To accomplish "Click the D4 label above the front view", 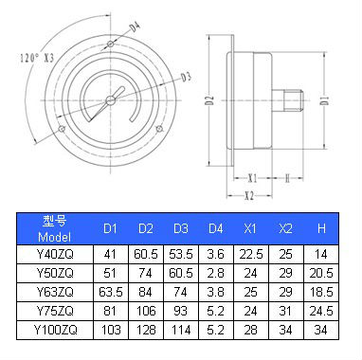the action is pyautogui.click(x=136, y=27).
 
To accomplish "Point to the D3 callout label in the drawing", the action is pyautogui.click(x=187, y=77).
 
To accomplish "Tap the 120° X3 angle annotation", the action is pyautogui.click(x=37, y=58).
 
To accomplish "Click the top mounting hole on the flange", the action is pyautogui.click(x=110, y=44).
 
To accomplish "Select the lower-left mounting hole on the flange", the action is pyautogui.click(x=62, y=129).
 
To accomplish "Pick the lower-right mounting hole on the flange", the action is pyautogui.click(x=159, y=129).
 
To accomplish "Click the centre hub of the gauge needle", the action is pyautogui.click(x=111, y=100).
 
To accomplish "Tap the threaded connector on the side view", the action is pyautogui.click(x=288, y=100).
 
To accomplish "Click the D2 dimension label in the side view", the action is pyautogui.click(x=211, y=100).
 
